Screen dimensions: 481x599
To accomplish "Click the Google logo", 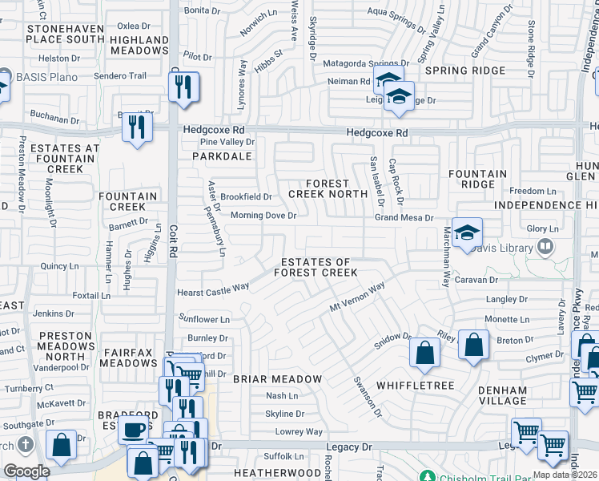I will click(x=26, y=471).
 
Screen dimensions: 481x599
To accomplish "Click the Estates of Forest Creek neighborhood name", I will click(x=316, y=268).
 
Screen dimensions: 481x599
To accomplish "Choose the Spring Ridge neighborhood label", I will click(x=465, y=71).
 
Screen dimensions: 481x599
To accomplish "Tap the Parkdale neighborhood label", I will click(x=216, y=157).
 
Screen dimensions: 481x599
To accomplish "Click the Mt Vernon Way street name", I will click(x=357, y=299).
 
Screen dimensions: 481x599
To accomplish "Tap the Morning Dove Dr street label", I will click(x=263, y=216).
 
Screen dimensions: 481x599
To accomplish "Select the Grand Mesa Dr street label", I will click(x=404, y=217).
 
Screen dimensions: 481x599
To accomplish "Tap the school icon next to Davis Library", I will click(x=467, y=233).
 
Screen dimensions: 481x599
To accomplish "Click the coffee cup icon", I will click(x=134, y=428).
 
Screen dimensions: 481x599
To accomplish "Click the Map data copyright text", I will click(x=565, y=475).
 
